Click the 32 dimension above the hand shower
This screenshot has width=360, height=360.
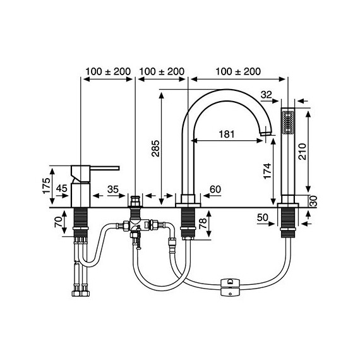(x=267, y=95)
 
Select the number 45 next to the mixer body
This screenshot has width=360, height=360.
(x=62, y=188)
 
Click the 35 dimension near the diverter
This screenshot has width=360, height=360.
(x=114, y=188)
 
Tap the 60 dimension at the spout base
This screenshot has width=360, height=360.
(x=214, y=188)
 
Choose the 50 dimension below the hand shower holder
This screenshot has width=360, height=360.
(x=263, y=218)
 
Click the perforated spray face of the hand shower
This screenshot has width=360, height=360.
(x=289, y=121)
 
